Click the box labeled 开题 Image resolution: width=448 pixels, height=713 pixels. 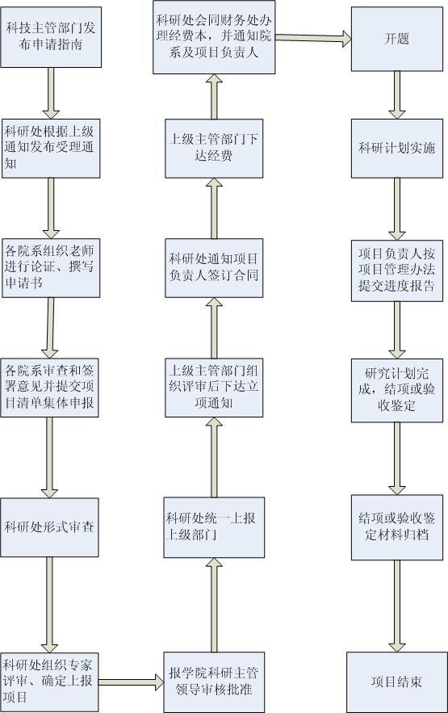click(x=397, y=39)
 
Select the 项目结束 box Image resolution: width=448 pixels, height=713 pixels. click(x=396, y=682)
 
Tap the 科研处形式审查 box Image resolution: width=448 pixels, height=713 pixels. click(x=49, y=527)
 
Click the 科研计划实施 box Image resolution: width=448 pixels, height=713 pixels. click(x=397, y=149)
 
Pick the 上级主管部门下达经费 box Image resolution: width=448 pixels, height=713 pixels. click(x=214, y=149)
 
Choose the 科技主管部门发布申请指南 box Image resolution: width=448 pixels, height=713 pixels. click(x=51, y=37)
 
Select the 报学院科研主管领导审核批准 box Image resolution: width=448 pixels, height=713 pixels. click(x=214, y=682)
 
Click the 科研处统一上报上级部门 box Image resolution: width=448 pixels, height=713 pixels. click(x=214, y=527)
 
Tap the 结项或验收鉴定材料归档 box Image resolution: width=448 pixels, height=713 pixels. click(x=397, y=527)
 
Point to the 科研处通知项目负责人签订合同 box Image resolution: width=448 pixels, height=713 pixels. click(x=214, y=268)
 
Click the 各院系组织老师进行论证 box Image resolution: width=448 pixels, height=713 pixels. click(x=51, y=268)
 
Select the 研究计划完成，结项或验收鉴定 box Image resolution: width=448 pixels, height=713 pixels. click(x=397, y=390)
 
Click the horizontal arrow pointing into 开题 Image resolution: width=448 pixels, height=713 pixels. click(x=313, y=38)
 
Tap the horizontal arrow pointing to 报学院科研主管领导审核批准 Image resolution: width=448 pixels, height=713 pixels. click(x=132, y=682)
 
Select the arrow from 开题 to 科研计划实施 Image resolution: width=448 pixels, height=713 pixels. click(x=397, y=95)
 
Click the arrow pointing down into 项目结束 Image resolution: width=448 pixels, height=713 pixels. click(x=397, y=606)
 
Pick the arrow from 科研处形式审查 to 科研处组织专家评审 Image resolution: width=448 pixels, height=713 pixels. click(x=49, y=605)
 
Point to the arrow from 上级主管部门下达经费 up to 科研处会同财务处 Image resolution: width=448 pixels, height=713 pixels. click(x=214, y=96)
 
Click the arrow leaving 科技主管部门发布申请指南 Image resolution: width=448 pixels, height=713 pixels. click(x=51, y=93)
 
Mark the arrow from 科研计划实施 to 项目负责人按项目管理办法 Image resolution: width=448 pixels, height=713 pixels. click(x=397, y=208)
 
